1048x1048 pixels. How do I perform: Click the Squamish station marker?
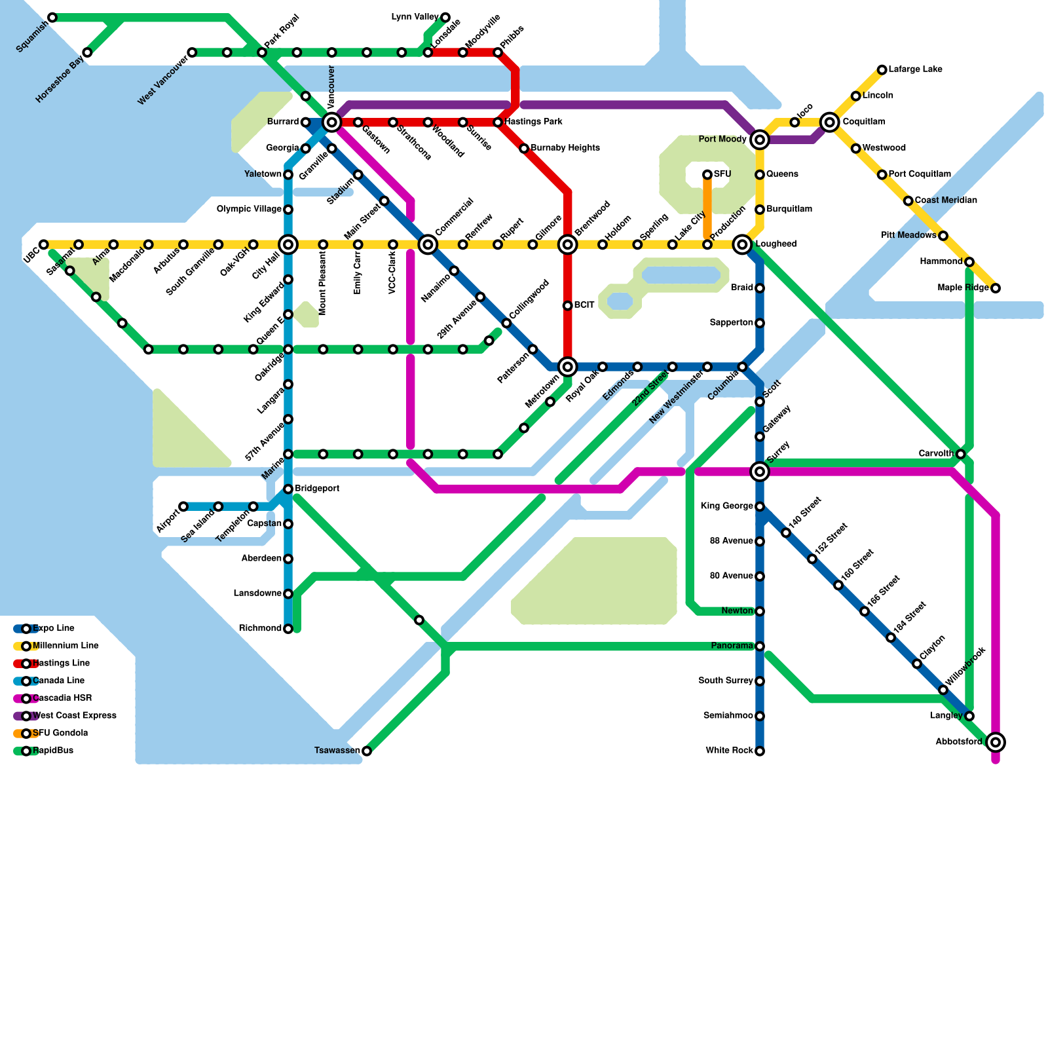pos(52,17)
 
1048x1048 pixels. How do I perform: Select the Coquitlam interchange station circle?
pos(830,122)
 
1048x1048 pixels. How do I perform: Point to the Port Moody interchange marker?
pos(760,140)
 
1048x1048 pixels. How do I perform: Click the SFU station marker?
pos(707,174)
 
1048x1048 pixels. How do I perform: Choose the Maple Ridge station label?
pos(963,288)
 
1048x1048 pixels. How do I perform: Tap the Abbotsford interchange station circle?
pos(996,742)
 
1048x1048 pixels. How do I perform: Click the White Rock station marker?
pos(760,751)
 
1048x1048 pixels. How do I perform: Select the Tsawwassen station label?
pos(337,751)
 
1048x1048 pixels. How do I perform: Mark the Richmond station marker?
pos(288,629)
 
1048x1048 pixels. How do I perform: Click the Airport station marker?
pos(183,506)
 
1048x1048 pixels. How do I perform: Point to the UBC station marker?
pos(43,244)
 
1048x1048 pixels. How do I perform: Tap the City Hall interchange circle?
pos(288,244)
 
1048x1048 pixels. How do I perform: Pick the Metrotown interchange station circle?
pos(568,367)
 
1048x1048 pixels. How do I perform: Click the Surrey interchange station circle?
pos(760,471)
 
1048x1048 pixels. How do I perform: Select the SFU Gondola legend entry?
pos(60,733)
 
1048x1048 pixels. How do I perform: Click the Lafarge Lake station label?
pos(915,69)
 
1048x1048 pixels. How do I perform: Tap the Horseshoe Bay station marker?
pos(87,52)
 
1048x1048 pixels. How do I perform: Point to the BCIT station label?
pos(584,305)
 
